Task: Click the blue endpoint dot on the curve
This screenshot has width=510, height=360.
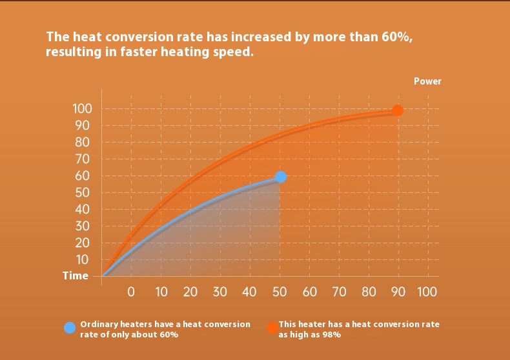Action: [x=280, y=176]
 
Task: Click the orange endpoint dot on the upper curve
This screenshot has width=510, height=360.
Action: [x=398, y=110]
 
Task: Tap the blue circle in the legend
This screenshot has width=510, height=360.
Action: [x=70, y=328]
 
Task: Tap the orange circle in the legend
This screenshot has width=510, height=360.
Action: [x=272, y=328]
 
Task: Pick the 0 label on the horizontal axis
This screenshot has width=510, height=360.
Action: [x=131, y=292]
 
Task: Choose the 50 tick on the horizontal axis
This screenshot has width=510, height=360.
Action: [x=280, y=292]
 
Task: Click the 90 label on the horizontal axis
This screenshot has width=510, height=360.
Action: [x=398, y=292]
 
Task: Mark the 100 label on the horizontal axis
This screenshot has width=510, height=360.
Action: [x=427, y=292]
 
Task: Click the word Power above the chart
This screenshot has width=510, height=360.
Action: [x=427, y=81]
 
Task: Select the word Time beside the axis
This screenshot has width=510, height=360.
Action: [x=76, y=275]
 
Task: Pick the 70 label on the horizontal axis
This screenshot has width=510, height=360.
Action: [x=339, y=292]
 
